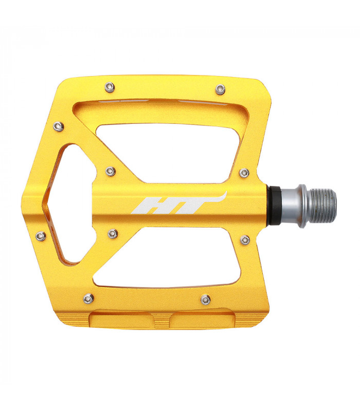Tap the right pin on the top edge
click(x=221, y=88)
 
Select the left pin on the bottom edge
click(x=89, y=298)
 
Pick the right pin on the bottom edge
click(x=205, y=299)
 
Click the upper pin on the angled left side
click(x=59, y=126)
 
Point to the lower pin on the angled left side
click(x=41, y=236)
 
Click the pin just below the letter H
click(x=113, y=234)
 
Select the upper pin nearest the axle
click(x=245, y=172)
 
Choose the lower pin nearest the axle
click(x=245, y=239)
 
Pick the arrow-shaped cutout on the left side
click(x=72, y=206)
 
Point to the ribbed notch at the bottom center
click(x=160, y=321)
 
